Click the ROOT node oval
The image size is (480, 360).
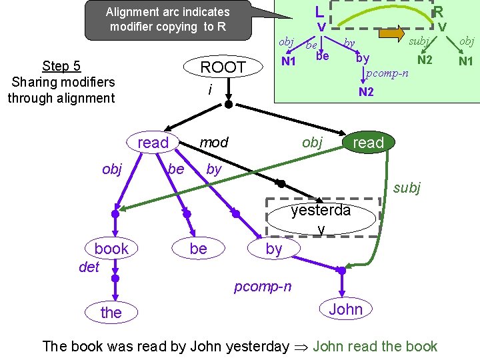click(x=223, y=67)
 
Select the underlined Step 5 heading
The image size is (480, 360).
click(x=61, y=66)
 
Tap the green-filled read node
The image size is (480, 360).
click(x=368, y=143)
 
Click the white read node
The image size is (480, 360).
click(x=153, y=143)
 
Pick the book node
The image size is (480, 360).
click(x=111, y=249)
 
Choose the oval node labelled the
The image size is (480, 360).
click(x=111, y=313)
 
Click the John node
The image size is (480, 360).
click(x=345, y=309)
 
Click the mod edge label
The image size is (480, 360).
click(x=214, y=143)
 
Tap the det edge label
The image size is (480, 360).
click(x=88, y=267)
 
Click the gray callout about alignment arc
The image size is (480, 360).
click(x=167, y=20)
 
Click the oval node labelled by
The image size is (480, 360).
click(x=274, y=249)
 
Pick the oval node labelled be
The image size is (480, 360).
click(x=198, y=249)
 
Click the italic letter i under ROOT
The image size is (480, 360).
click(x=210, y=89)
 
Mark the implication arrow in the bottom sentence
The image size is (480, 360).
click(x=302, y=347)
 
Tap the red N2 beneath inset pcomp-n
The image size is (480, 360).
click(x=366, y=93)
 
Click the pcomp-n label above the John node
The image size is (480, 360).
click(x=262, y=287)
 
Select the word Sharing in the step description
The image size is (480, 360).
click(x=35, y=82)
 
